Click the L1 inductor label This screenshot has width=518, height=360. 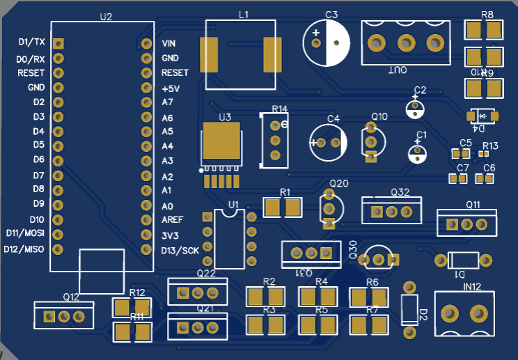[x=243, y=15]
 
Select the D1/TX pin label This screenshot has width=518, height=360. [x=32, y=42]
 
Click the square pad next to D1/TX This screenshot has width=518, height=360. [x=58, y=43]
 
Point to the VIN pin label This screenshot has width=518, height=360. [x=168, y=43]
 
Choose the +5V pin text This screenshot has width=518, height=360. [x=171, y=88]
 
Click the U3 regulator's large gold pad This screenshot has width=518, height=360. [x=222, y=142]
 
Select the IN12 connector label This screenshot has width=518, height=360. [x=472, y=286]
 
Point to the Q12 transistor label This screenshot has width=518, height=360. [x=71, y=297]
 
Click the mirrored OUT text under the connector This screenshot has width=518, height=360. [x=397, y=70]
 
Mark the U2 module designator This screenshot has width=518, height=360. [x=106, y=16]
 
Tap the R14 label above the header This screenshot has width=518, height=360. [x=279, y=109]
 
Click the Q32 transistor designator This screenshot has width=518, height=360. [x=400, y=191]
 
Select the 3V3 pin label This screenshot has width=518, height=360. [x=169, y=235]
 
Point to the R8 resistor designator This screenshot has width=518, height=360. [x=487, y=15]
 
